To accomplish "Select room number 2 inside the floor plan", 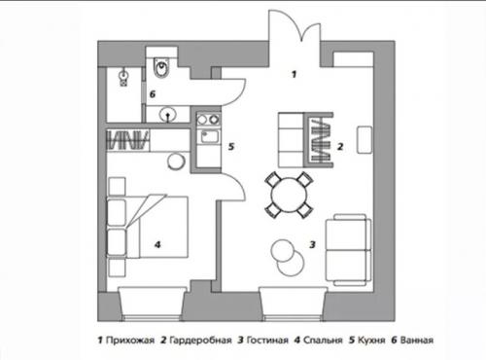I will pos(341,147).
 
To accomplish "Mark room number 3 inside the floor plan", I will pos(312,245).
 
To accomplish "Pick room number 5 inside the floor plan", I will pos(230,148).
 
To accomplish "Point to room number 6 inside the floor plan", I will pos(153,93).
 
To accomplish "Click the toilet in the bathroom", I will pos(161,68).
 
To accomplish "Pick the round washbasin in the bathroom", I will pos(169,114).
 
